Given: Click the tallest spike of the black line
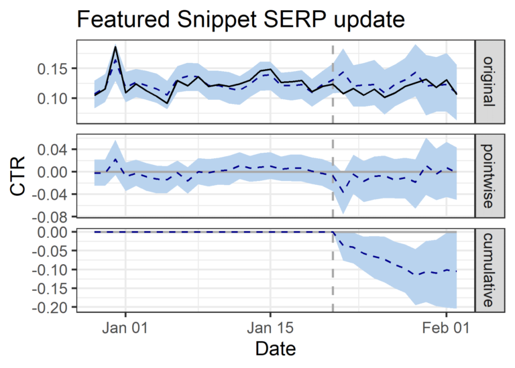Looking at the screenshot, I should (115, 47).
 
